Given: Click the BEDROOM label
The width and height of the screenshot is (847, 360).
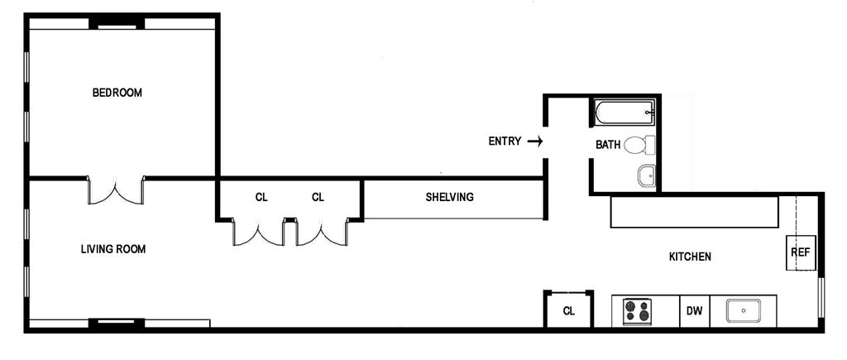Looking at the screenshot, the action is click(x=117, y=93).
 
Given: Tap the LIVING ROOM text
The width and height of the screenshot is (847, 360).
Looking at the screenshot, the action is click(x=113, y=249).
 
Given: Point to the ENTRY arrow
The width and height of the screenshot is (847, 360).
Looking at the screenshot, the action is click(x=535, y=142).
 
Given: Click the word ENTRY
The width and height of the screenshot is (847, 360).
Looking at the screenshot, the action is click(x=505, y=142).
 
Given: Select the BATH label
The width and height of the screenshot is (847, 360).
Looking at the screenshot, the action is click(x=608, y=145).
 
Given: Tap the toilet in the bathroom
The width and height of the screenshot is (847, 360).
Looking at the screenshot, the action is click(x=639, y=146).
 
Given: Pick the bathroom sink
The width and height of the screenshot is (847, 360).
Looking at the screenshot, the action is click(x=646, y=175).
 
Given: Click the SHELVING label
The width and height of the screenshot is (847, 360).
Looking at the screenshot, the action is click(x=449, y=197).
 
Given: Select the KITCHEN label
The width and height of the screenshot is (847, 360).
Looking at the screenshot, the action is click(x=690, y=257).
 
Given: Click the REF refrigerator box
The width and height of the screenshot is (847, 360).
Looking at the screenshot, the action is click(x=800, y=253).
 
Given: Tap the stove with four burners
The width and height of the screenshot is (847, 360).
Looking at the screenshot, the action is click(x=637, y=311).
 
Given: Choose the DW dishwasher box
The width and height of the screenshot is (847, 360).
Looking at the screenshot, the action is click(x=694, y=311).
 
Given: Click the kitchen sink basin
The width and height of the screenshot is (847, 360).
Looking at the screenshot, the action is click(x=744, y=311).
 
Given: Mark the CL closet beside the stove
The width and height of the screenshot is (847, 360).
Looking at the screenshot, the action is click(x=568, y=311).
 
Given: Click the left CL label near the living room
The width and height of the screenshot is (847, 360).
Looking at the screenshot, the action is click(x=261, y=197).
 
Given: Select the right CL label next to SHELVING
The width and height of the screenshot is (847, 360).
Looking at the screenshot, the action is click(x=318, y=197).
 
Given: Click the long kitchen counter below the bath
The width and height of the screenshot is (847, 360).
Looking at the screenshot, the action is click(x=695, y=212).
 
